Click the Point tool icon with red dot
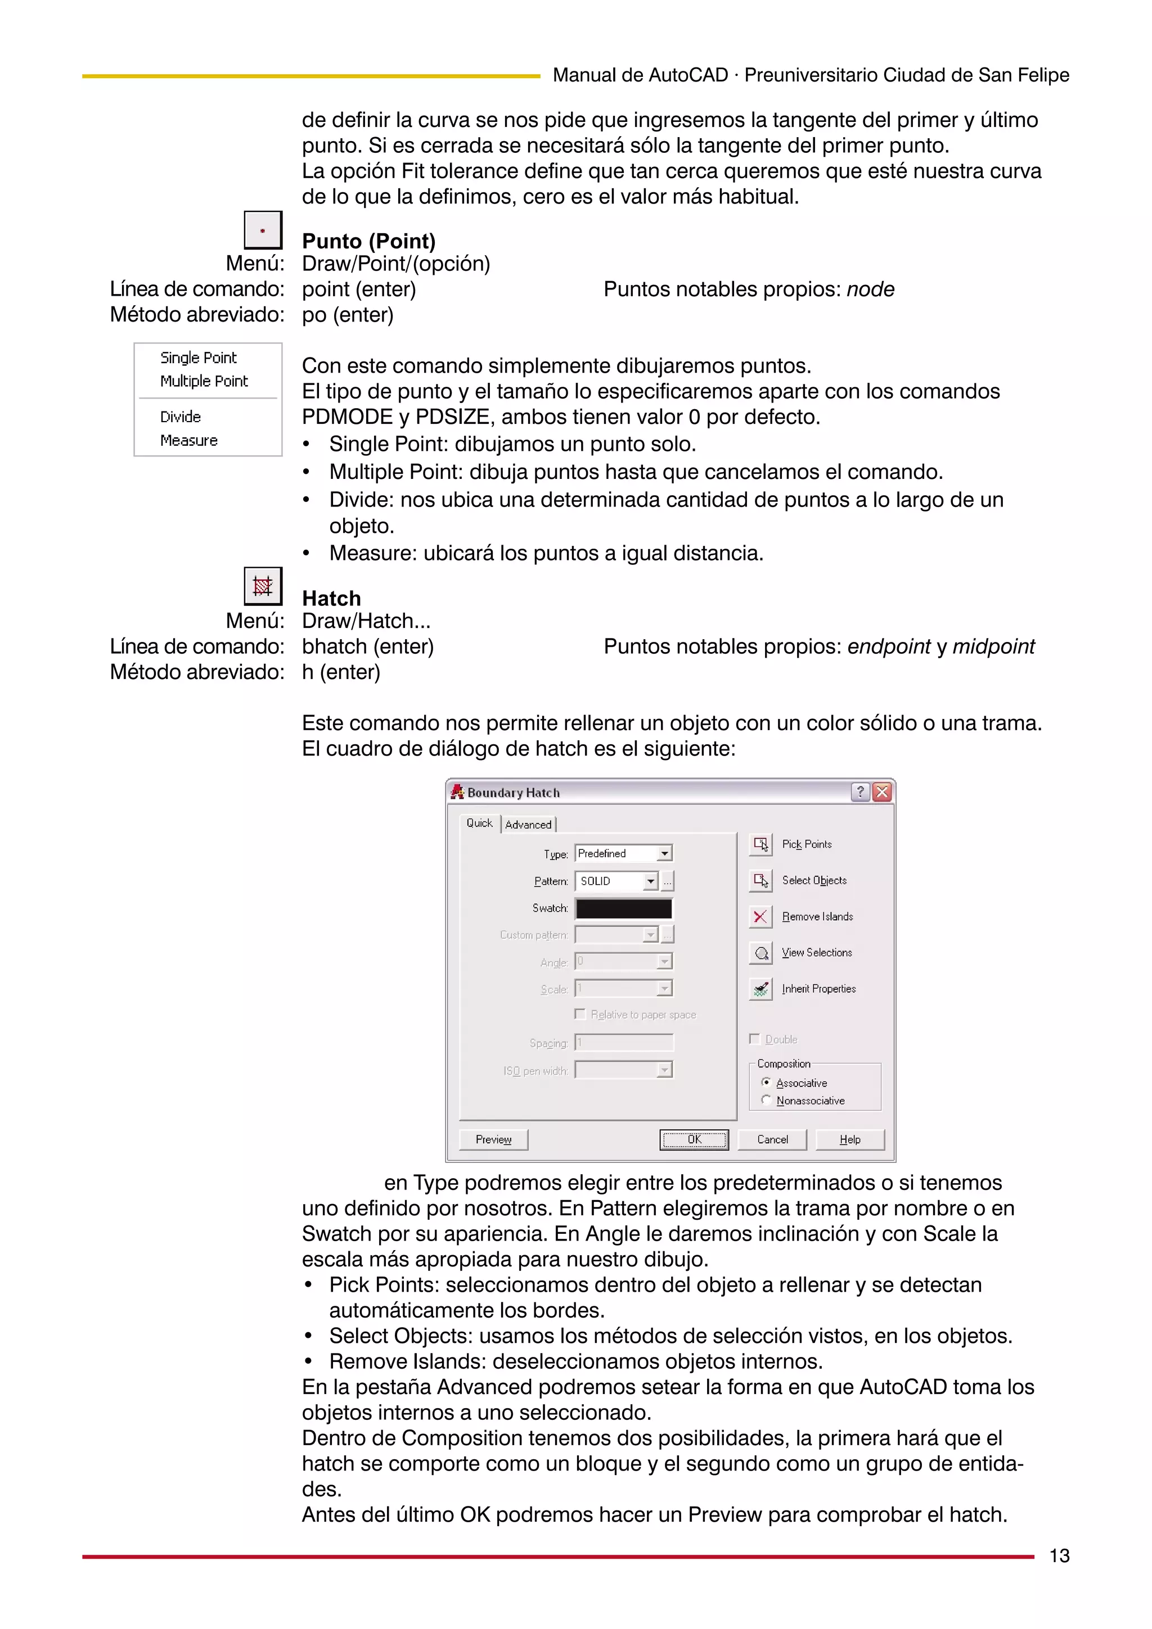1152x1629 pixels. pyautogui.click(x=263, y=230)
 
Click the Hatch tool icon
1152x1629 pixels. pyautogui.click(x=263, y=586)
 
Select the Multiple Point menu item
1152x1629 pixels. pyautogui.click(x=204, y=381)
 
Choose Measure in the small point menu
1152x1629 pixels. pyautogui.click(x=189, y=441)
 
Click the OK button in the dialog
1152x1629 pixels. pyautogui.click(x=694, y=1139)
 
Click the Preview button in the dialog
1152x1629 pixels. pyautogui.click(x=493, y=1139)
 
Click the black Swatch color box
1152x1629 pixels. pyautogui.click(x=623, y=909)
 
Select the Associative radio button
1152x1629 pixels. pyautogui.click(x=766, y=1083)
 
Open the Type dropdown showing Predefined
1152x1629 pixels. pyautogui.click(x=664, y=853)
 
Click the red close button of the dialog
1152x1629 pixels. pyautogui.click(x=881, y=793)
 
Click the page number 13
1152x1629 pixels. pyautogui.click(x=1059, y=1556)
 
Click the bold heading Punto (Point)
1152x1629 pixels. pyautogui.click(x=368, y=241)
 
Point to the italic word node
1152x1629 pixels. pyautogui.click(x=870, y=289)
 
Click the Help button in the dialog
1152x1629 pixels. pyautogui.click(x=849, y=1139)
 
